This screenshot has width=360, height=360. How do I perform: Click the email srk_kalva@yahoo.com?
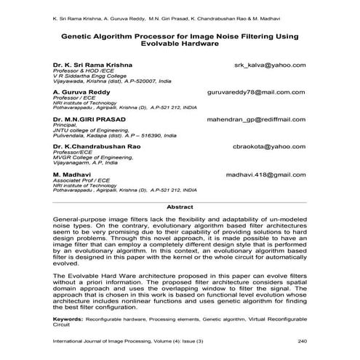coord(269,64)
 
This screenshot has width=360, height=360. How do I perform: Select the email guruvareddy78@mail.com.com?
coord(257,94)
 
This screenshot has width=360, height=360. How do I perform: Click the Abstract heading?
coord(180,207)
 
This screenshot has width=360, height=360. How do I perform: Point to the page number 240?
coord(303,341)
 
